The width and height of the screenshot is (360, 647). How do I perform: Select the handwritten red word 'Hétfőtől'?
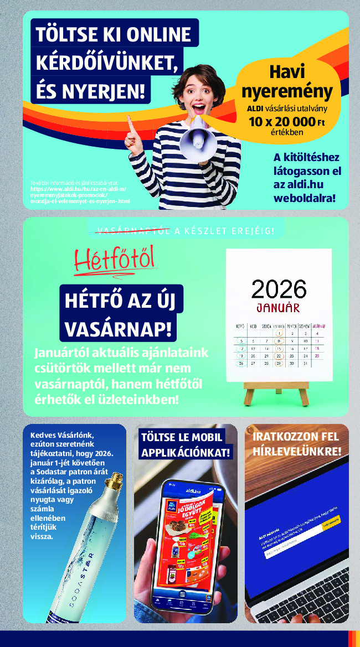point(115,259)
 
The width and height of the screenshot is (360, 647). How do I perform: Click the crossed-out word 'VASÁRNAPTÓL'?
point(133,231)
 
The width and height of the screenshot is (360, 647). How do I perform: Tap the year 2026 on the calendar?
point(279,289)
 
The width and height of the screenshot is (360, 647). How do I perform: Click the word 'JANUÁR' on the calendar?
point(278,307)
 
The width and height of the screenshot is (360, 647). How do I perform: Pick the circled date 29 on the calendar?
point(279,364)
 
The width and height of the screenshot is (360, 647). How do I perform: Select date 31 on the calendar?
point(305,364)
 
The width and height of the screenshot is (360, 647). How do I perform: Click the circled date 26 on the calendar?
point(241,364)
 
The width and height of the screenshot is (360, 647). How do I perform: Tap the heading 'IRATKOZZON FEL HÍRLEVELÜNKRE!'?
point(296,444)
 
